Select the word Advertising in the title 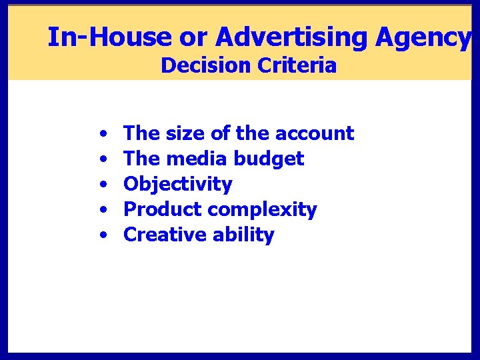pyautogui.click(x=292, y=37)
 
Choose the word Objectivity pyautogui.click(x=178, y=185)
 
